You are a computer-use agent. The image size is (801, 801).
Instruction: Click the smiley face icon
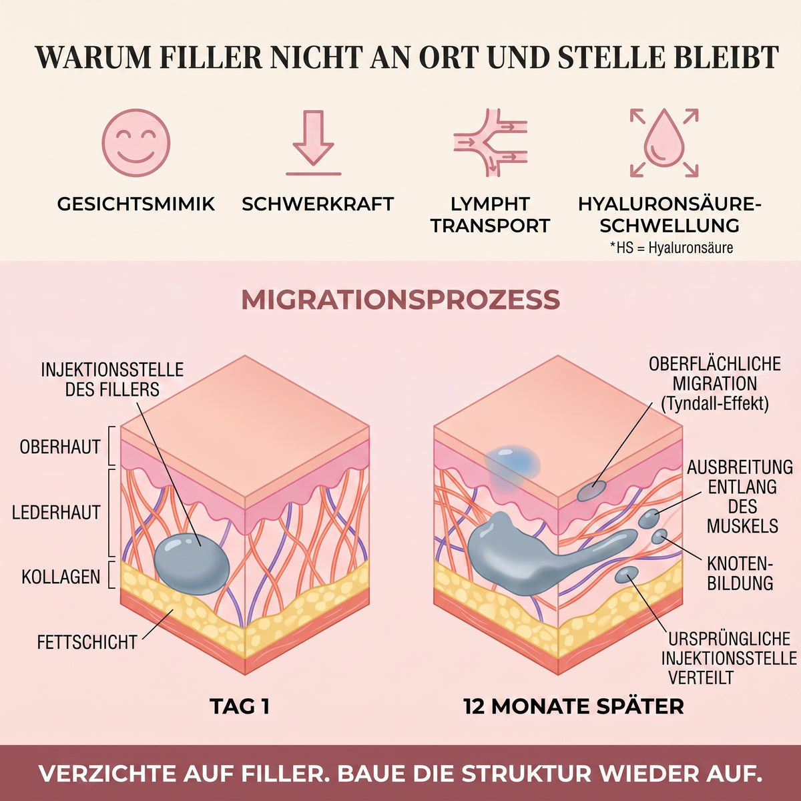(136, 143)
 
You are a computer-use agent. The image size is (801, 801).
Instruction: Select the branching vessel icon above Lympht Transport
(491, 143)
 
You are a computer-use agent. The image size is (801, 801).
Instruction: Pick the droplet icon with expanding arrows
(663, 143)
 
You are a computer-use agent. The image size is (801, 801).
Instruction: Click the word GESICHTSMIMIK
(136, 204)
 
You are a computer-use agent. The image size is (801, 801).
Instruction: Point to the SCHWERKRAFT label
(318, 204)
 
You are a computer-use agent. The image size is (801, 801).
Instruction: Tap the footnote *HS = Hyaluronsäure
(672, 248)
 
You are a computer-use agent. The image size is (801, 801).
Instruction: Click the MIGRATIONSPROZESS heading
(400, 300)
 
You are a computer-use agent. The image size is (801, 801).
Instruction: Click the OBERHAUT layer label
(60, 447)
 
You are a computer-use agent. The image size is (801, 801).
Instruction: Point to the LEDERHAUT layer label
(56, 513)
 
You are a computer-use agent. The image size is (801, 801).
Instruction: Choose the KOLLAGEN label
(61, 577)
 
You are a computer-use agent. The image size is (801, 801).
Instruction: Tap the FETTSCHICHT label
(87, 642)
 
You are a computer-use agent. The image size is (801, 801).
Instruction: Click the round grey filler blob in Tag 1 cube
(192, 563)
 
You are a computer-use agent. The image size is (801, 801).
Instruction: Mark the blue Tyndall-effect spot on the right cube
(513, 465)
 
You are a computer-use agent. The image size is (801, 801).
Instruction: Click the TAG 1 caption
(240, 706)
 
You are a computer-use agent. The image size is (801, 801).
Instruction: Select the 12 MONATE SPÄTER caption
(574, 706)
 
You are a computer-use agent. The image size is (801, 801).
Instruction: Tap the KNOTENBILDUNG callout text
(740, 573)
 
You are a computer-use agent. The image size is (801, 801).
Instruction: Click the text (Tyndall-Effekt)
(715, 403)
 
